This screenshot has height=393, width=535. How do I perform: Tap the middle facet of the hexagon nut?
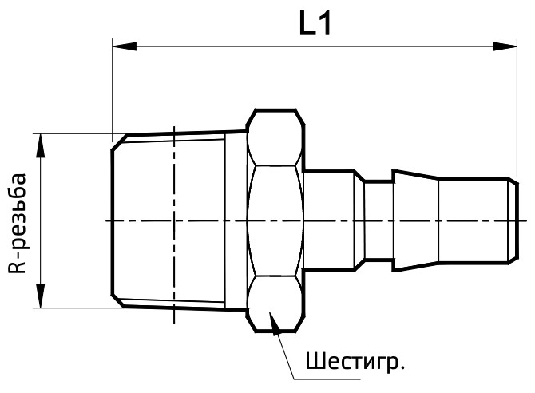[x=275, y=220]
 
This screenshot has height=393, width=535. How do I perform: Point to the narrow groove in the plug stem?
[x=377, y=220]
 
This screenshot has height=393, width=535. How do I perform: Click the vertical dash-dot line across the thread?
[x=173, y=240]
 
